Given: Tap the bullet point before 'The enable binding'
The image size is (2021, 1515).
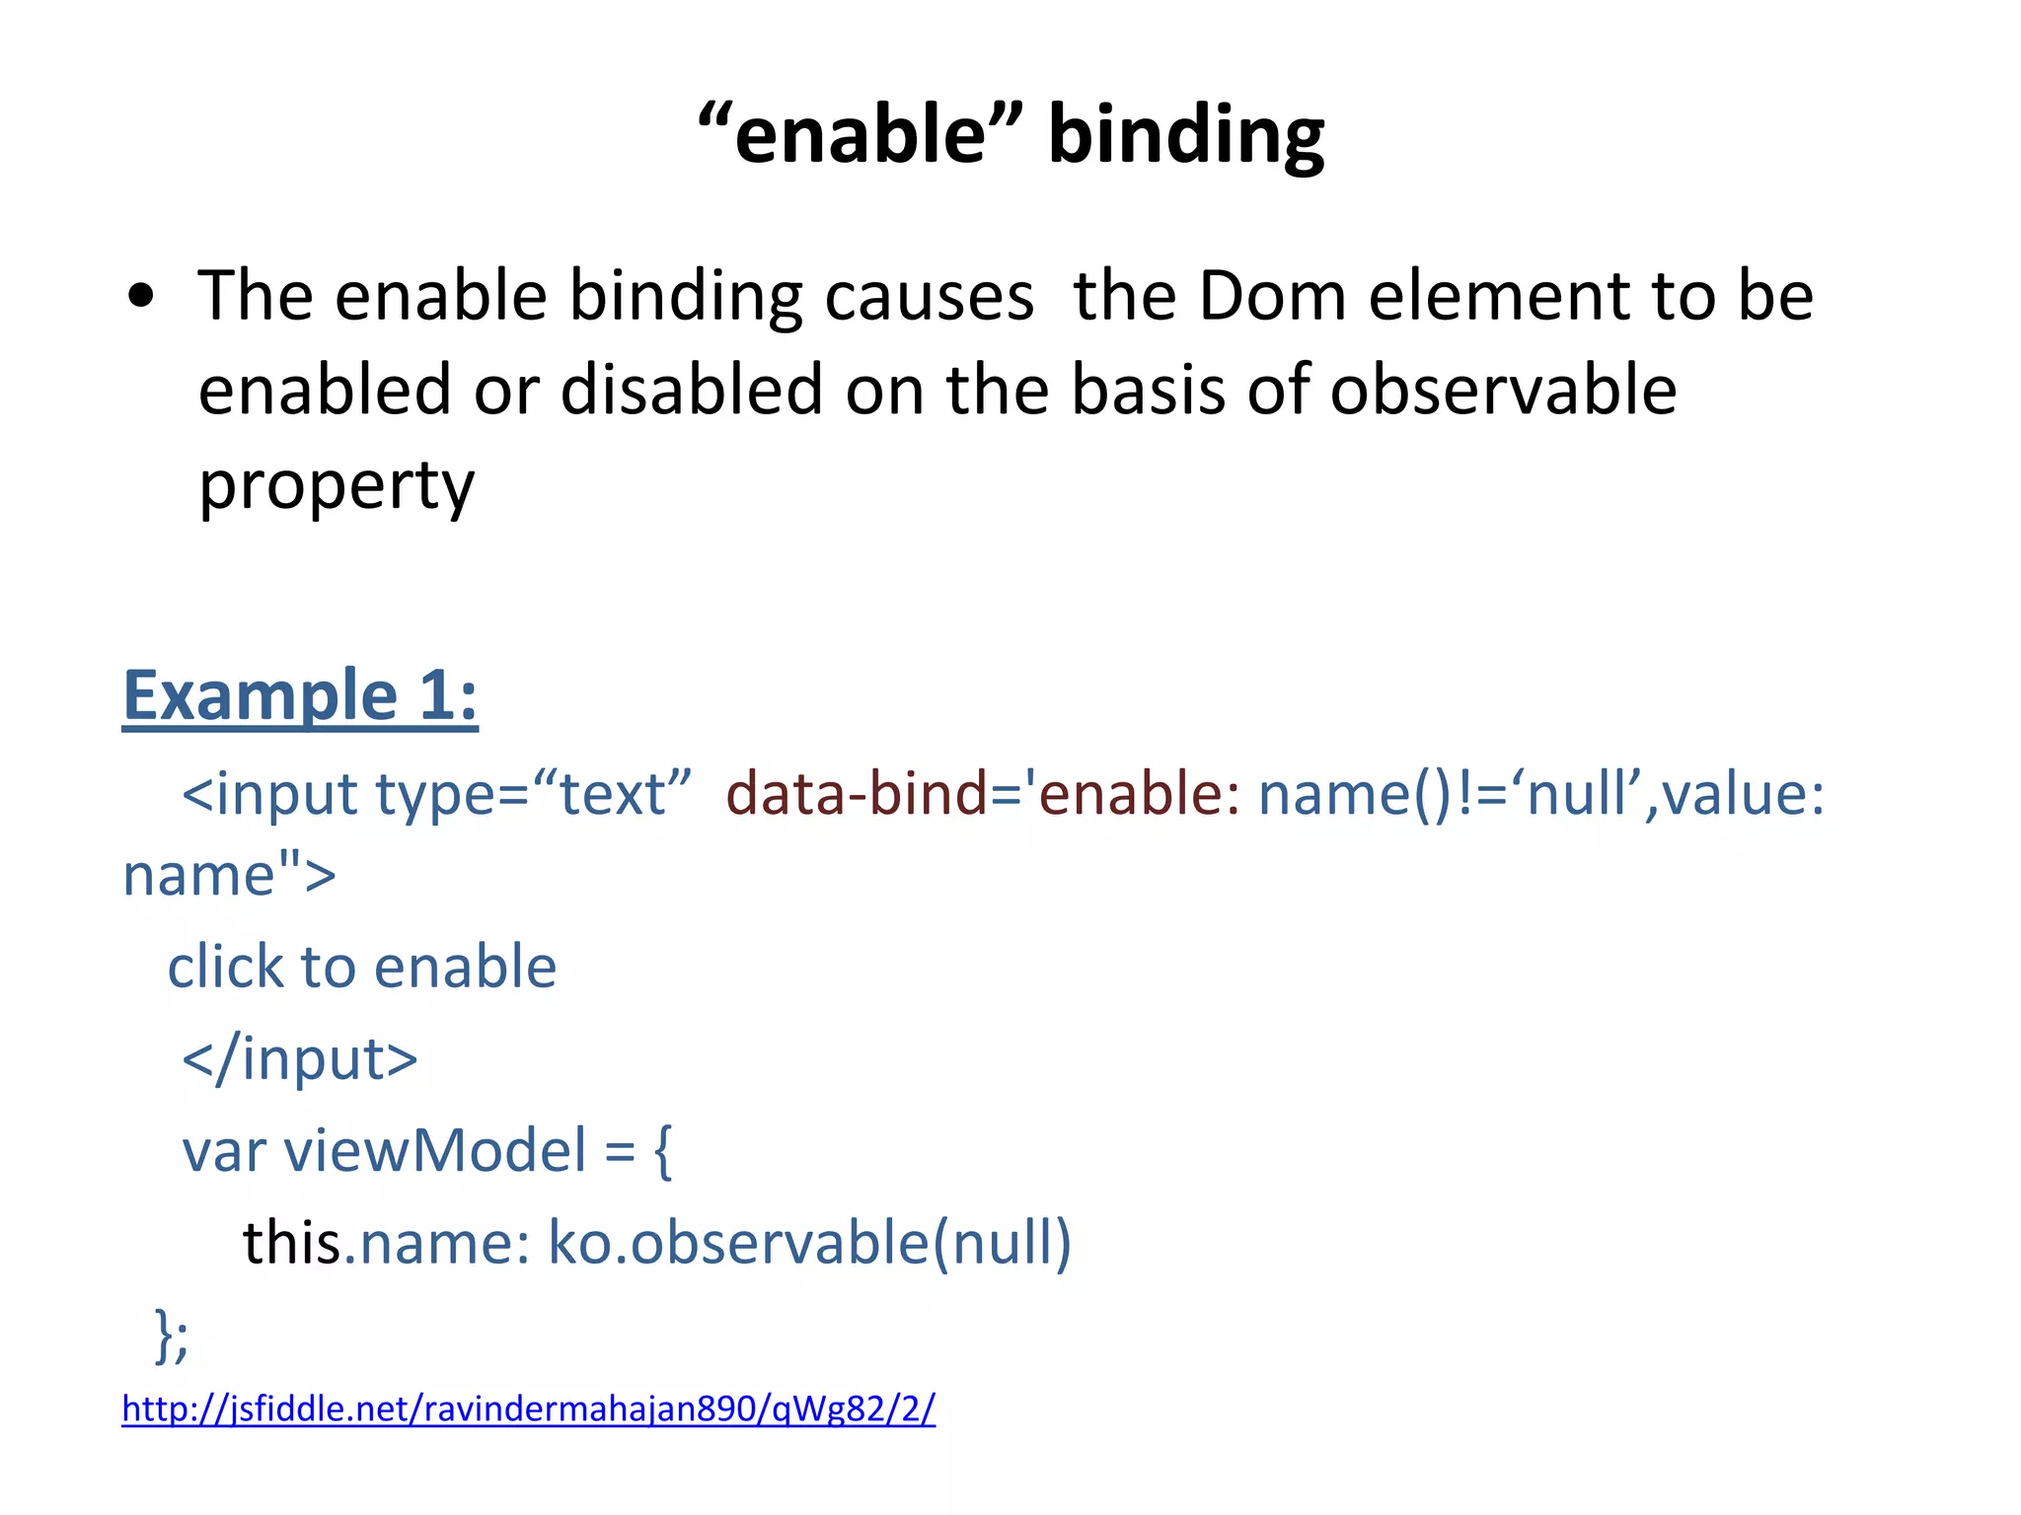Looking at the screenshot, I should pyautogui.click(x=141, y=296).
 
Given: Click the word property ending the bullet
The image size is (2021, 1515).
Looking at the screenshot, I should pyautogui.click(x=337, y=485).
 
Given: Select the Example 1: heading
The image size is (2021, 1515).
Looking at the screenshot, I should pyautogui.click(x=300, y=696).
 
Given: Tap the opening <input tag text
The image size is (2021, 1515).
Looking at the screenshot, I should pyautogui.click(x=268, y=794).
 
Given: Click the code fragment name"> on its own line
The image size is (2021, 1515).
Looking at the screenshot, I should pyautogui.click(x=229, y=875).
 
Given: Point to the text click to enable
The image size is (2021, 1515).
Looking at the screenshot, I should pyautogui.click(x=362, y=967).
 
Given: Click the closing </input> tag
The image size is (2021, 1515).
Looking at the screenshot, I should pyautogui.click(x=300, y=1058).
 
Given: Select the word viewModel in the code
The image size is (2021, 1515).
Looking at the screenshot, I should pyautogui.click(x=434, y=1150).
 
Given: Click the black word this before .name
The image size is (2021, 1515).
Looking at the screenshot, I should pyautogui.click(x=292, y=1243).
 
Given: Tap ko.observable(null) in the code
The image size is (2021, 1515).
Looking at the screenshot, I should pyautogui.click(x=809, y=1243).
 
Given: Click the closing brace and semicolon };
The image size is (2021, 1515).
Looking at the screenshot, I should pyautogui.click(x=172, y=1335).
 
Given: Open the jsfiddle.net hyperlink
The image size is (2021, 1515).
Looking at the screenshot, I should pyautogui.click(x=528, y=1408).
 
